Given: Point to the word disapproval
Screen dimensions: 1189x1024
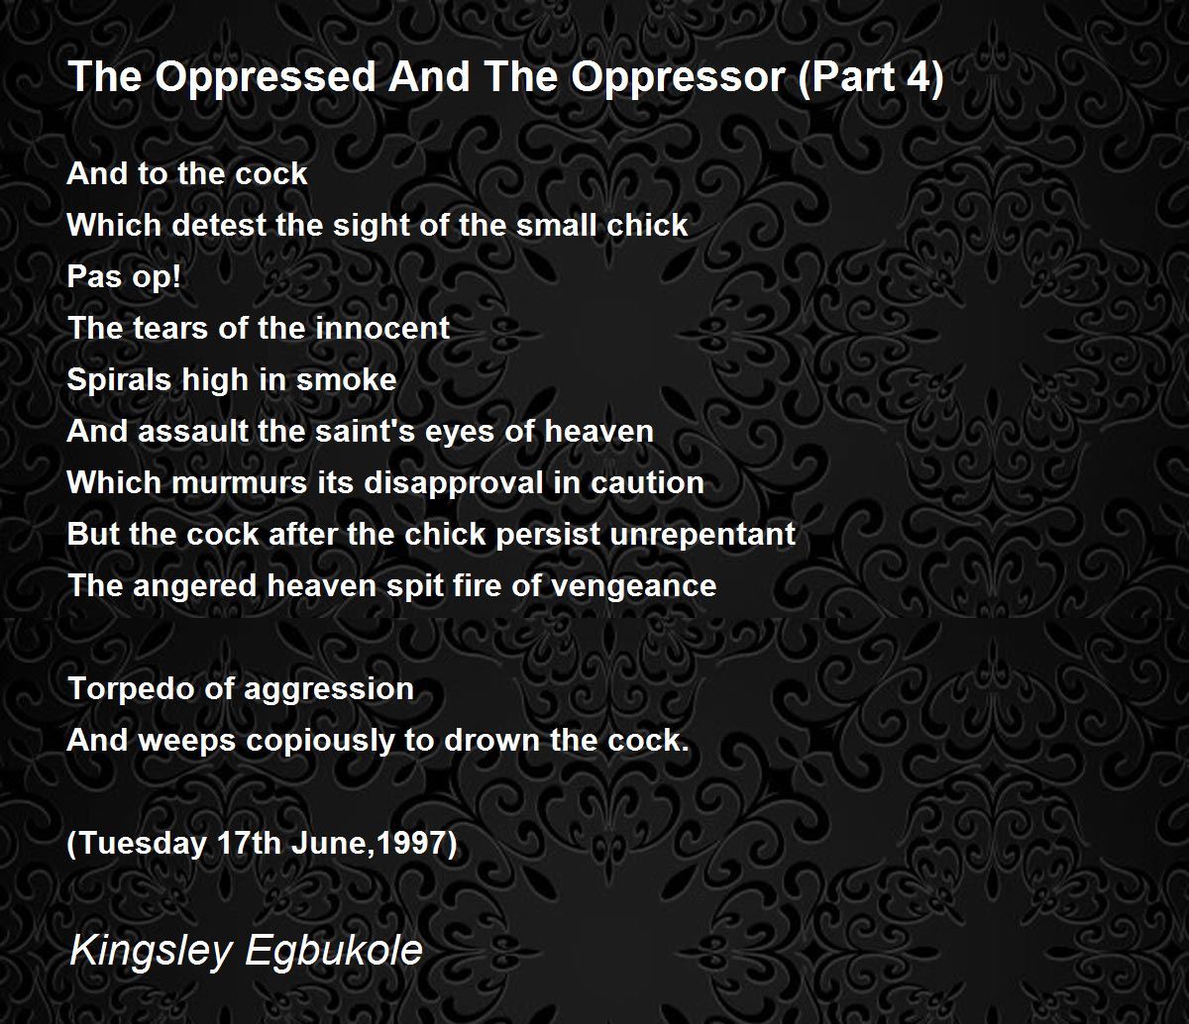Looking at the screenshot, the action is [453, 484].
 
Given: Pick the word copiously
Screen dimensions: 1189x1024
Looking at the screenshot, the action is [320, 741].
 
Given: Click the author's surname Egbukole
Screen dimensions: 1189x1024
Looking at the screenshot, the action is [334, 950].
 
